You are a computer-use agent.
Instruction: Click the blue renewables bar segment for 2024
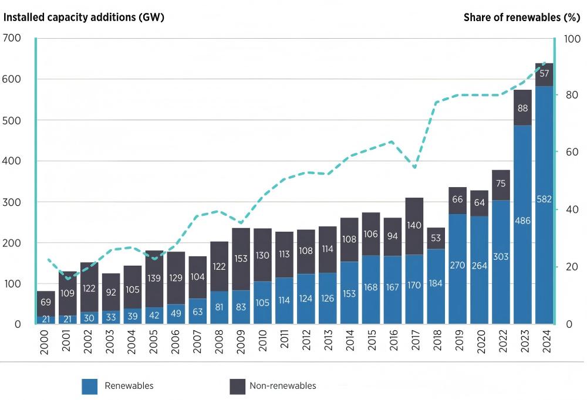point(544,205)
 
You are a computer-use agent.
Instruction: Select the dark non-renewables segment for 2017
point(414,226)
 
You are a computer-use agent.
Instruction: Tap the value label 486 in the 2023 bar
point(522,221)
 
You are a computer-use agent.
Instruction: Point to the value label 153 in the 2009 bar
point(241,259)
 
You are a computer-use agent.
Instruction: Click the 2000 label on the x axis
point(44,341)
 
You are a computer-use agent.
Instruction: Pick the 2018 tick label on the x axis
point(437,340)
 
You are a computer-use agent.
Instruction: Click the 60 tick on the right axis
point(572,152)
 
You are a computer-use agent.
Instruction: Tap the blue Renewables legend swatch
point(89,387)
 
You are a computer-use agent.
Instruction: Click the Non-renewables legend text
point(283,386)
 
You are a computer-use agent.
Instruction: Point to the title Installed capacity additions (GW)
point(83,17)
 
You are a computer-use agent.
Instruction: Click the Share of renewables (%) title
point(522,17)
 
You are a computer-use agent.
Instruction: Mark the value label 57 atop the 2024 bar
point(544,73)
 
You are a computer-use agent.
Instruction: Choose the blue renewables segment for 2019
point(457,269)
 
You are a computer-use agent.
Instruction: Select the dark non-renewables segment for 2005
point(154,279)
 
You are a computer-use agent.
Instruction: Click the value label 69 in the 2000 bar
point(46,302)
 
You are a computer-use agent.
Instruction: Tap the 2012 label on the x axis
point(306,340)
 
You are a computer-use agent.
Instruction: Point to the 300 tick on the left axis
point(11,202)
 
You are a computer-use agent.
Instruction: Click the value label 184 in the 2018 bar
point(436,283)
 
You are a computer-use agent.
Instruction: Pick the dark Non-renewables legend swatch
point(237,387)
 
